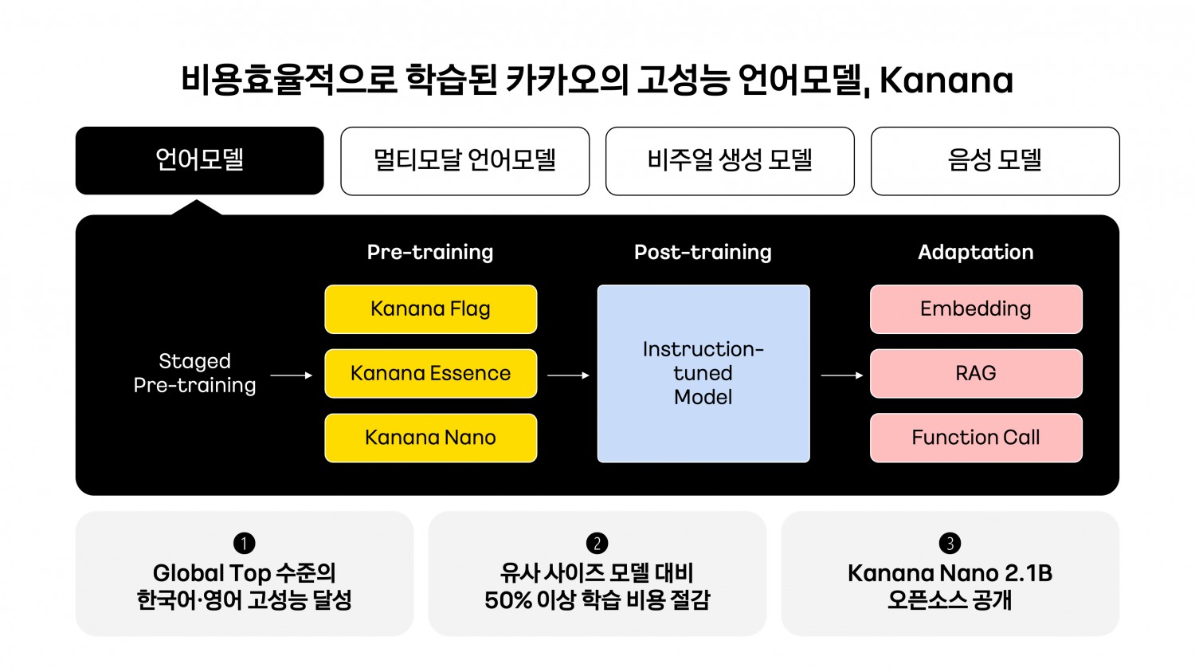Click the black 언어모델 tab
pyautogui.click(x=199, y=160)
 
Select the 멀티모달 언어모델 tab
pyautogui.click(x=464, y=160)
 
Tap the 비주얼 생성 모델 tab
pyautogui.click(x=730, y=160)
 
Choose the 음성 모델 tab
pyautogui.click(x=995, y=160)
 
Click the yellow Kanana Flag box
pyautogui.click(x=430, y=309)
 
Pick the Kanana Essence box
pyautogui.click(x=430, y=373)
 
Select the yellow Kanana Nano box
pyautogui.click(x=430, y=438)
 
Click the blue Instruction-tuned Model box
pyautogui.click(x=703, y=373)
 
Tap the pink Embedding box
pyautogui.click(x=976, y=309)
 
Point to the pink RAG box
pyautogui.click(x=976, y=373)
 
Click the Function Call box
pyautogui.click(x=976, y=438)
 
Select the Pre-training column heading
pyautogui.click(x=430, y=252)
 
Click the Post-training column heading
pyautogui.click(x=703, y=252)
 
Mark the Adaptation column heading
pyautogui.click(x=976, y=252)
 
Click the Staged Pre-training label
pyautogui.click(x=194, y=373)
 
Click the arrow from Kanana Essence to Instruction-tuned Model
pyautogui.click(x=568, y=375)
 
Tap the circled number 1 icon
pyautogui.click(x=244, y=544)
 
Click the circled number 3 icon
pyautogui.click(x=950, y=544)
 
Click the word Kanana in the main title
pyautogui.click(x=946, y=80)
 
